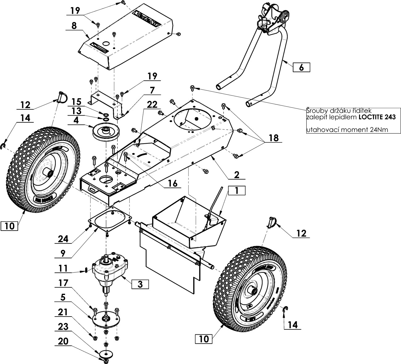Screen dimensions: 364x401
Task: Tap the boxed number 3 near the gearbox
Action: [140, 284]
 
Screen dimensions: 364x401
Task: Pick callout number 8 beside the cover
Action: [74, 26]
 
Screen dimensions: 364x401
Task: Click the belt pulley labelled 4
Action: [105, 131]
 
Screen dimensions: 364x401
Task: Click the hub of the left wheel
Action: [49, 174]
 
